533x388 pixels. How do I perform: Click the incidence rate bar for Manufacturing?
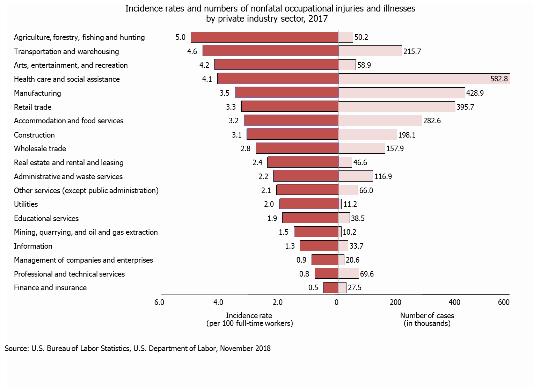287,93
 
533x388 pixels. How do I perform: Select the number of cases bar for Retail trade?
397,107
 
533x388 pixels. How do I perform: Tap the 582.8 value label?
499,79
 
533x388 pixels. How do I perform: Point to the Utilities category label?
26,204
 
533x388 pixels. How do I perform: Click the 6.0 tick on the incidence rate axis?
159,302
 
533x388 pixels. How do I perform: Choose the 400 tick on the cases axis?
454,302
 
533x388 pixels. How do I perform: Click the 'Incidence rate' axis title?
249,316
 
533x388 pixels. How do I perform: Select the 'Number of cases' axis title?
427,316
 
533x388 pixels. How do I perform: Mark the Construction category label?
34,135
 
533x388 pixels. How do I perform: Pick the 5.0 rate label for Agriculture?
181,37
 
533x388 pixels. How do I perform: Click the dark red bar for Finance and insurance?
331,288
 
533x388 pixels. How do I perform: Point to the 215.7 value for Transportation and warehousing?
412,51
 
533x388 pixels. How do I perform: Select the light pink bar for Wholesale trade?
362,148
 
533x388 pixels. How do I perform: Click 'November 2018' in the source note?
245,349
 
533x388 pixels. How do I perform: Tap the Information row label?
33,246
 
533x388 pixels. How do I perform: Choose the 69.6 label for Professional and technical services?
367,274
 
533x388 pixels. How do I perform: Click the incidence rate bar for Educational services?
310,218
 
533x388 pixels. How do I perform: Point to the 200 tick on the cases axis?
395,302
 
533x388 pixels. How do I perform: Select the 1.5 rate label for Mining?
284,232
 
